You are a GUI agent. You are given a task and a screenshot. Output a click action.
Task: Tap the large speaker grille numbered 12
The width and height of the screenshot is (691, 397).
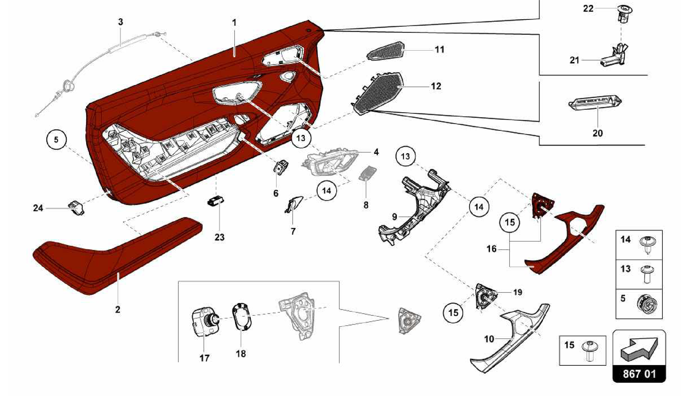[378, 92]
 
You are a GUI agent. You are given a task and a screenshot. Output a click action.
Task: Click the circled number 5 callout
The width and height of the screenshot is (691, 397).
[56, 139]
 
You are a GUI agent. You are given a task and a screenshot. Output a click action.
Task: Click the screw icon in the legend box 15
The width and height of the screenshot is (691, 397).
[589, 350]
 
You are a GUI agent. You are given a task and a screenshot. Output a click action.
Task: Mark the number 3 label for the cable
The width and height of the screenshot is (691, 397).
[120, 22]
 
